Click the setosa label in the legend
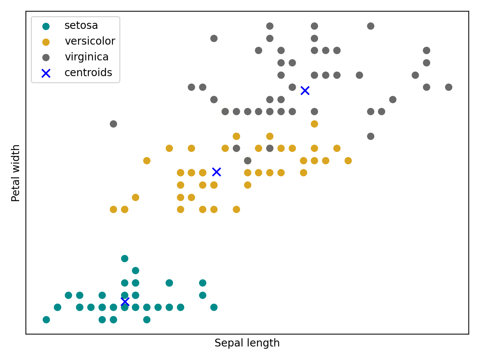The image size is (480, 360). pyautogui.click(x=81, y=25)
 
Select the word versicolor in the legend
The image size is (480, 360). pyautogui.click(x=90, y=41)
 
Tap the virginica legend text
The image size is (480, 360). pyautogui.click(x=87, y=57)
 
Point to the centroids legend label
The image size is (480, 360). pyautogui.click(x=88, y=73)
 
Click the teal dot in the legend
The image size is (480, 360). pyautogui.click(x=46, y=26)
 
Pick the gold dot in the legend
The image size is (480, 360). pyautogui.click(x=46, y=42)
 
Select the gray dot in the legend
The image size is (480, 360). pyautogui.click(x=46, y=57)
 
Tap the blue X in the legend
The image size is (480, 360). pyautogui.click(x=46, y=73)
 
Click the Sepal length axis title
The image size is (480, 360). pyautogui.click(x=247, y=343)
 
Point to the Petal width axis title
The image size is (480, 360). pyautogui.click(x=16, y=173)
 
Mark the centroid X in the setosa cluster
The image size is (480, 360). pyautogui.click(x=125, y=301)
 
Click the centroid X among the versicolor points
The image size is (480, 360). pyautogui.click(x=216, y=172)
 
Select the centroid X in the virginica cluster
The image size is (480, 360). pyautogui.click(x=305, y=90)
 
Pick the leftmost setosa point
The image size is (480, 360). pyautogui.click(x=46, y=319)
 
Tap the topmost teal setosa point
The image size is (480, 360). pyautogui.click(x=124, y=258)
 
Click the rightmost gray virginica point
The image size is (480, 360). pyautogui.click(x=448, y=87)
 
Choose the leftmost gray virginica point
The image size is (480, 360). pyautogui.click(x=113, y=124)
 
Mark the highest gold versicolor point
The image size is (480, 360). pyautogui.click(x=314, y=124)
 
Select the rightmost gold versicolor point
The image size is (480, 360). pyautogui.click(x=348, y=160)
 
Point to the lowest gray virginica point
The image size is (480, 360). pyautogui.click(x=247, y=160)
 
